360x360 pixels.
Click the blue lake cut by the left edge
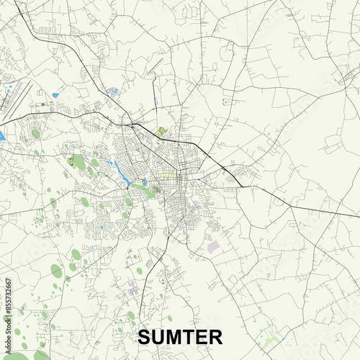[2, 135]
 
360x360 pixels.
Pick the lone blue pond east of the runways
[55, 94]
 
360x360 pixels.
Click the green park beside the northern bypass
[162, 132]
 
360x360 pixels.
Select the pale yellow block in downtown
[168, 175]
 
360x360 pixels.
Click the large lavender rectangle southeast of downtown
[214, 247]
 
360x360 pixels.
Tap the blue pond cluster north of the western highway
[112, 91]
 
